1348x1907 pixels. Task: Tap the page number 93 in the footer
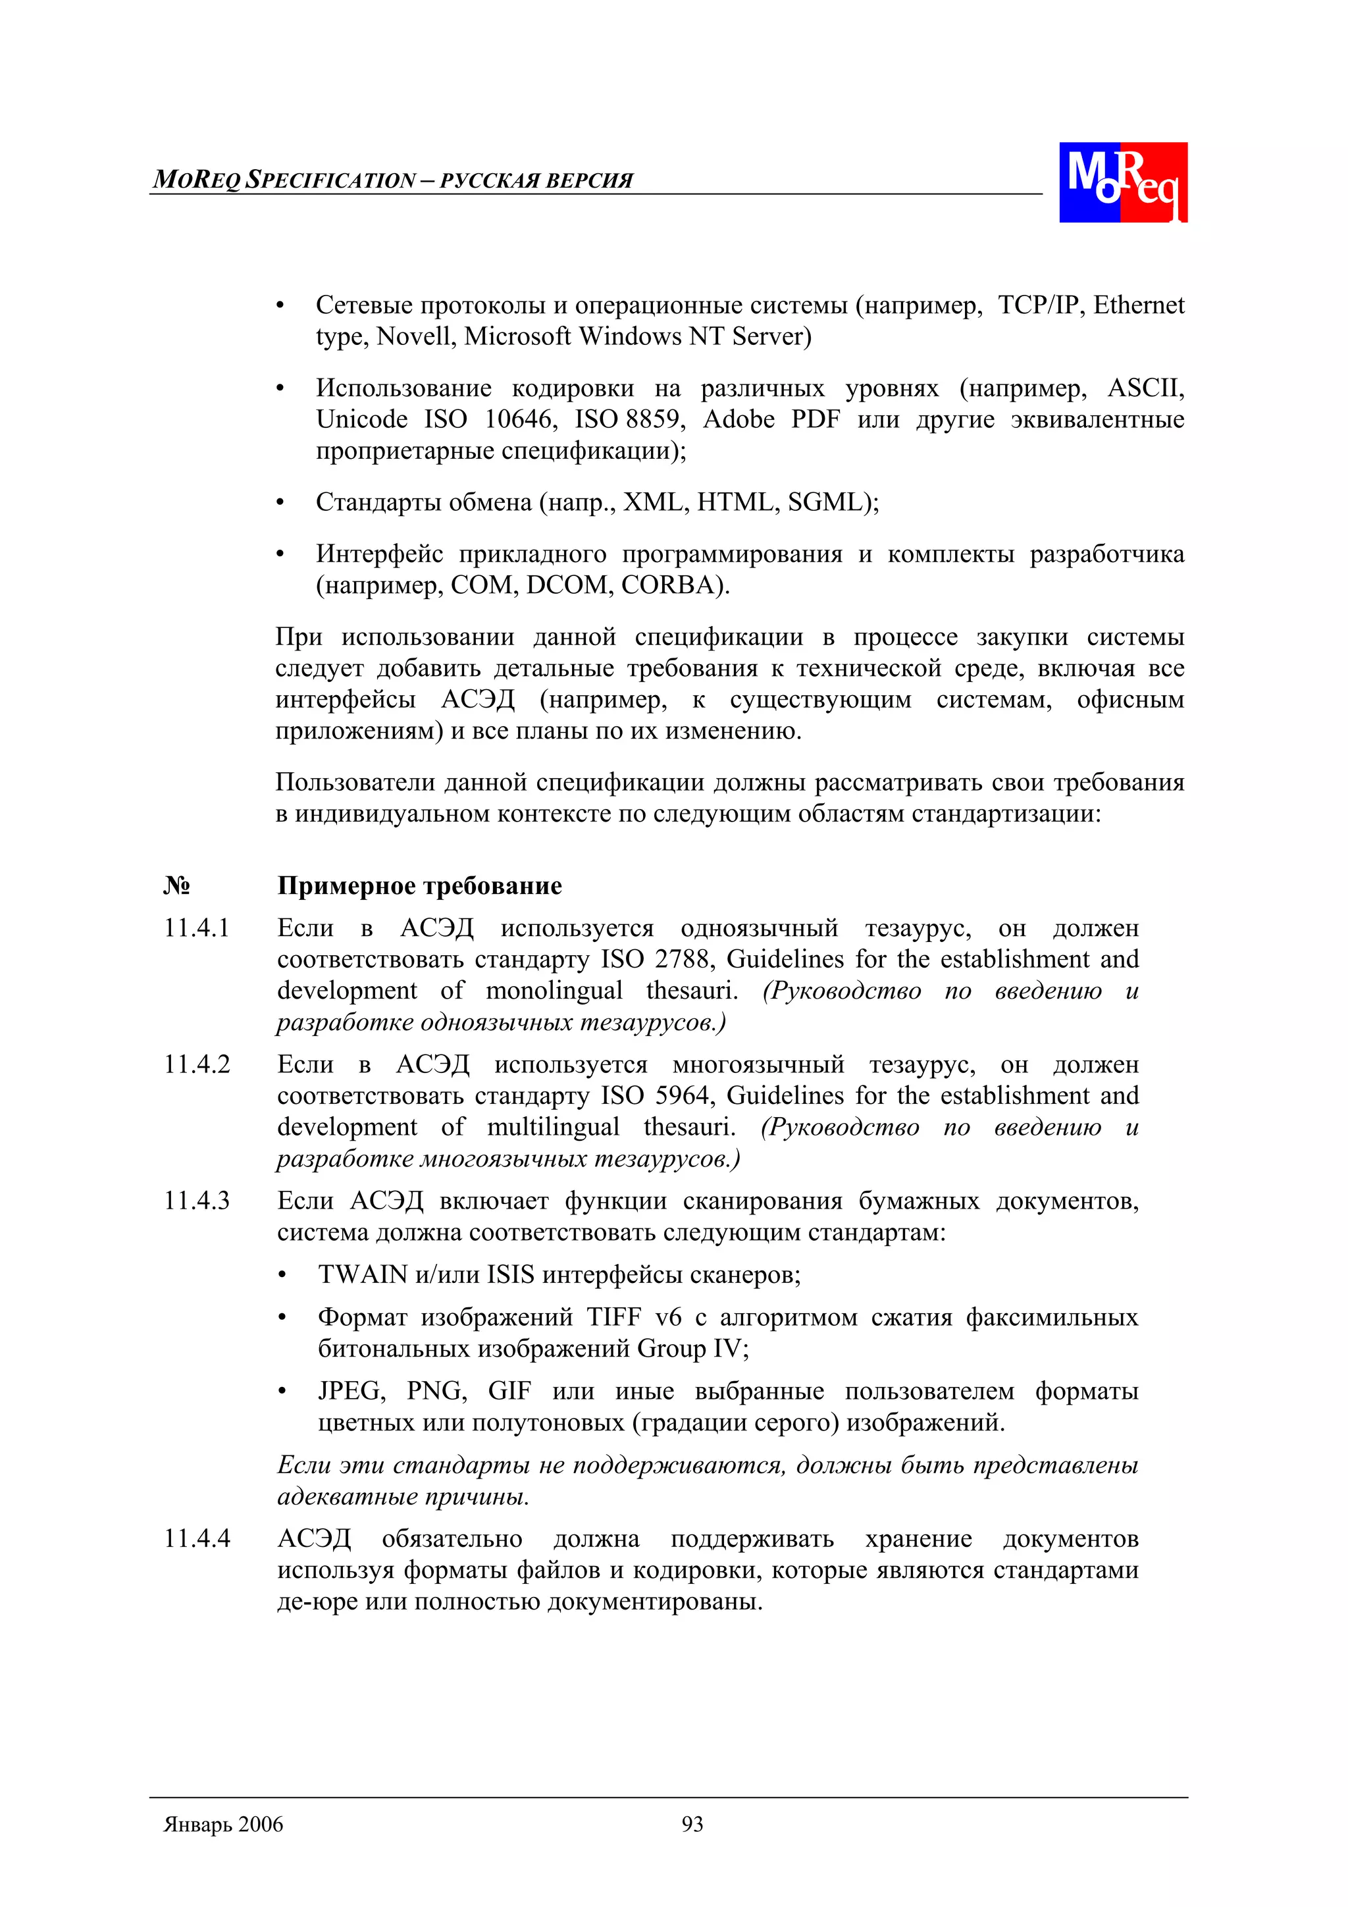pyautogui.click(x=692, y=1824)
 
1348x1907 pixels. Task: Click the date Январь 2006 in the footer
pyautogui.click(x=223, y=1824)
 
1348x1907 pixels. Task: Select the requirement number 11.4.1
pyautogui.click(x=197, y=927)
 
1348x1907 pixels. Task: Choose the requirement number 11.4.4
pyautogui.click(x=197, y=1538)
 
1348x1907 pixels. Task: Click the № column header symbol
pyautogui.click(x=176, y=885)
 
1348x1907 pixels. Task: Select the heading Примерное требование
pyautogui.click(x=419, y=885)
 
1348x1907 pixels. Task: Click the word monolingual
pyautogui.click(x=554, y=990)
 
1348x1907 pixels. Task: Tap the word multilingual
pyautogui.click(x=553, y=1126)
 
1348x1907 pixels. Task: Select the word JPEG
pyautogui.click(x=351, y=1390)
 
